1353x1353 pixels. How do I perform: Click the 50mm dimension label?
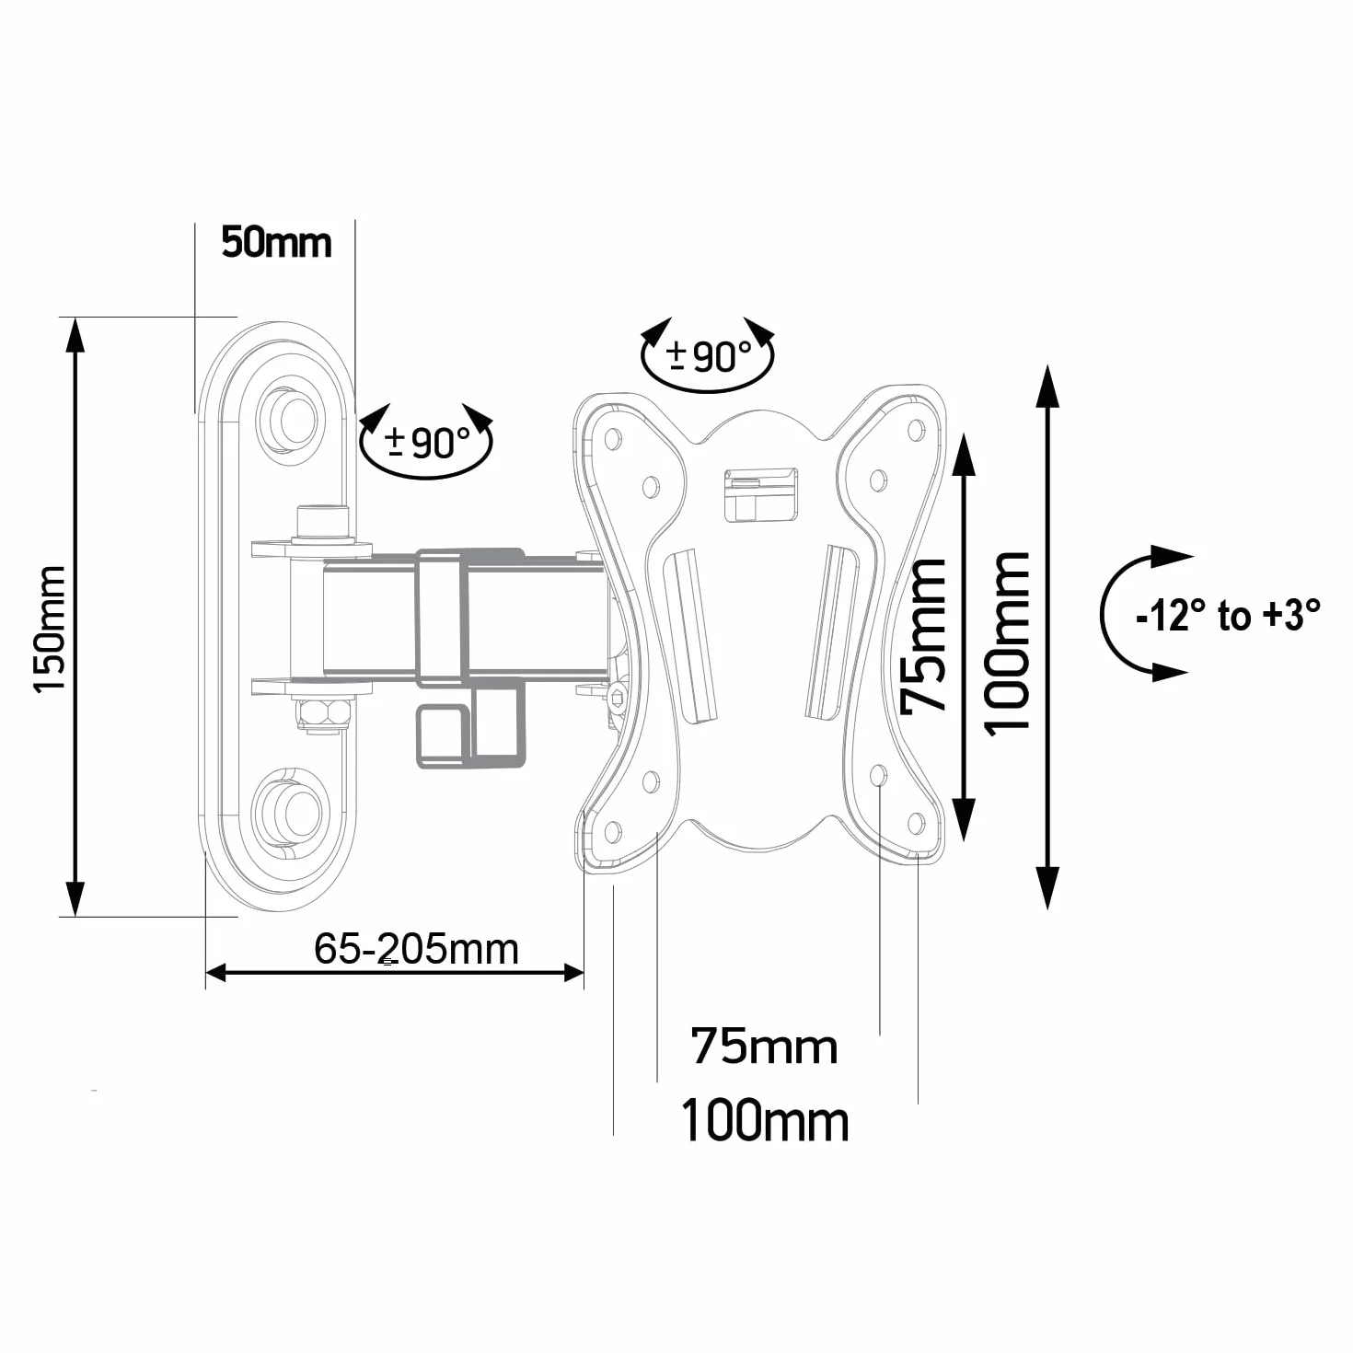(x=276, y=243)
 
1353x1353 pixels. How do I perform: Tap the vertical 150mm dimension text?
(x=51, y=630)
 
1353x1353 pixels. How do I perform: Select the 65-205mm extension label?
(x=416, y=949)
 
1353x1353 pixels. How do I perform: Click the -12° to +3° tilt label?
(x=1228, y=615)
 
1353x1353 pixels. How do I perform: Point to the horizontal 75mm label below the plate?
(x=764, y=1047)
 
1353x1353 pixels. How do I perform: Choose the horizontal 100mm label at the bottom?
(x=765, y=1121)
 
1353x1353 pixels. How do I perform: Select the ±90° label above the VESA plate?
(x=709, y=357)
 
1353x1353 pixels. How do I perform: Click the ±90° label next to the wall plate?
(x=427, y=443)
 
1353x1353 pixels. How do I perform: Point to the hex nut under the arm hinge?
(x=324, y=712)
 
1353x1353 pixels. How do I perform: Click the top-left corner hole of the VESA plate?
(x=613, y=439)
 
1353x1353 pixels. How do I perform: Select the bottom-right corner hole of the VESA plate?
(x=916, y=823)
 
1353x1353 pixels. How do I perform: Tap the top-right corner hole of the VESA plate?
(x=916, y=430)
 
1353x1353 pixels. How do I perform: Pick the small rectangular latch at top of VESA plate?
(x=761, y=494)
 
